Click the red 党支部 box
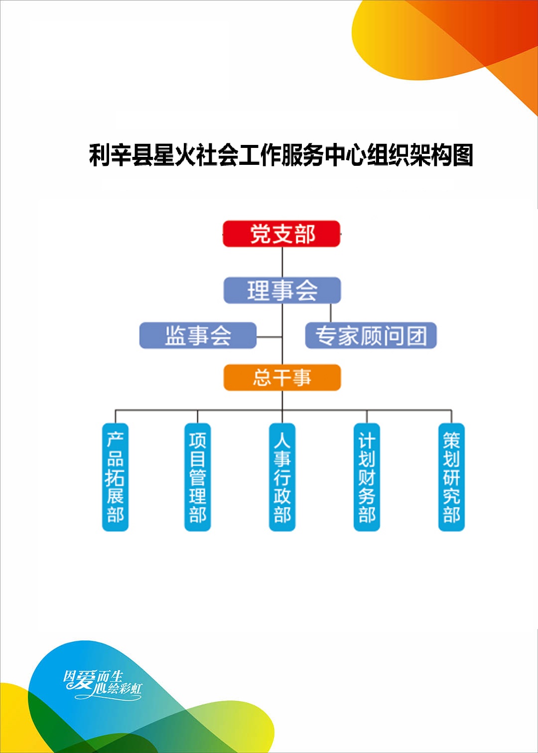pyautogui.click(x=281, y=234)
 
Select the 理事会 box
pyautogui.click(x=282, y=290)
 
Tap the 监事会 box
pyautogui.click(x=198, y=335)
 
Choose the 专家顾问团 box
pyautogui.click(x=371, y=335)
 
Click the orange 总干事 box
pyautogui.click(x=282, y=377)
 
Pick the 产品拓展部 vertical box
pyautogui.click(x=116, y=477)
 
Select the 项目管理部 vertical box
pyautogui.click(x=198, y=477)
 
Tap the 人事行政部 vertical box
pyautogui.click(x=282, y=477)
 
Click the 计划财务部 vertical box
pyautogui.click(x=367, y=477)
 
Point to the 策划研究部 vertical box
pyautogui.click(x=452, y=477)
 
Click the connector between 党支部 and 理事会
pyautogui.click(x=282, y=262)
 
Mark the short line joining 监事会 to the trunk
pyautogui.click(x=269, y=337)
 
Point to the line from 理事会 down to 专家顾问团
pyautogui.click(x=331, y=313)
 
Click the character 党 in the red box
pyautogui.click(x=261, y=234)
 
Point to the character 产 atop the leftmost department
pyautogui.click(x=116, y=439)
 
